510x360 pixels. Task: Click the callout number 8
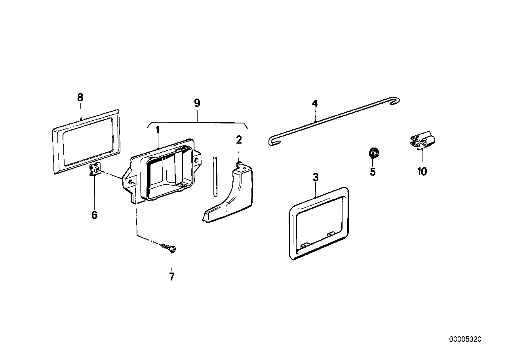tap(80, 98)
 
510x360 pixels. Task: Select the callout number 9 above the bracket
tap(197, 103)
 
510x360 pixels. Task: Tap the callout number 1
tap(157, 130)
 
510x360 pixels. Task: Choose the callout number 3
tap(316, 178)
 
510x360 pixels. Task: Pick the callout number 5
tap(373, 172)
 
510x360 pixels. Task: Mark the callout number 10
tap(422, 172)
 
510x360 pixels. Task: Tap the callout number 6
tap(94, 215)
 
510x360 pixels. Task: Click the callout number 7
tap(171, 277)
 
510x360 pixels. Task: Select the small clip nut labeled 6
tap(95, 171)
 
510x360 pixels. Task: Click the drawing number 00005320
tap(465, 339)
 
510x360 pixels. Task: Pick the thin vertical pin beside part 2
tap(215, 176)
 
